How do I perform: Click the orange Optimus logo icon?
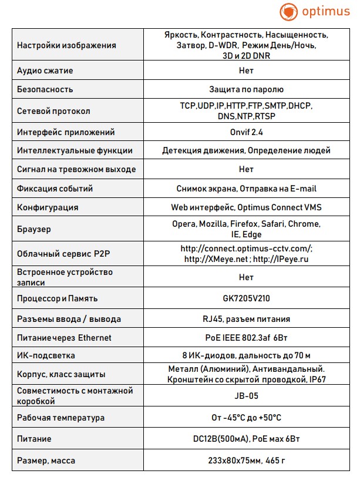[289, 12]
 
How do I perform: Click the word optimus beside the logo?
[325, 12]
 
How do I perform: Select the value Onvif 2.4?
[246, 132]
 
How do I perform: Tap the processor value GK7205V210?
[246, 298]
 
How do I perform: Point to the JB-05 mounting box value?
[246, 396]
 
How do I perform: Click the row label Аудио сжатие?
[45, 70]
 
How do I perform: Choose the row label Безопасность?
[45, 89]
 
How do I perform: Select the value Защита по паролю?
[246, 89]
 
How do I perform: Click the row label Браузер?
[34, 229]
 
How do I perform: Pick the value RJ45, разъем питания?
[246, 319]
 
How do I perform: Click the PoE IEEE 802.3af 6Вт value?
[246, 338]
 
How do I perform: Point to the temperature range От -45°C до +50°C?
[246, 418]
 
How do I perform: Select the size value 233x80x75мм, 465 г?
[246, 461]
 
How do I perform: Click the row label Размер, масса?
[46, 461]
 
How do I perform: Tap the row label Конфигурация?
[48, 207]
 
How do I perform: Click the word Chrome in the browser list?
[305, 224]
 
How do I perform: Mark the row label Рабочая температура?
[61, 418]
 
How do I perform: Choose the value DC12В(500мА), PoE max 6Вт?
[246, 439]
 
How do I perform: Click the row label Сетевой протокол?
[54, 111]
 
